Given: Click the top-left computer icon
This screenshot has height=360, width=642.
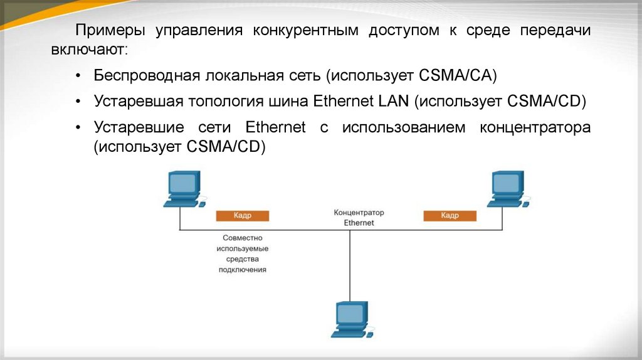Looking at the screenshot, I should (183, 188).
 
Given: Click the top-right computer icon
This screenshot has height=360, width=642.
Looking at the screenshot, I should (508, 188).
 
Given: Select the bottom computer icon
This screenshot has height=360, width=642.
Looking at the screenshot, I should (351, 319).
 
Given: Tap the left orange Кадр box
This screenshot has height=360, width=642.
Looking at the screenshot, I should (243, 216).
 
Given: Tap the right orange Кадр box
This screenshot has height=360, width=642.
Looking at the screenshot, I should (450, 216).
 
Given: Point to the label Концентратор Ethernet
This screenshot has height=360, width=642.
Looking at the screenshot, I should (359, 218).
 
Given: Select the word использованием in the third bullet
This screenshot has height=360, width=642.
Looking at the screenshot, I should (404, 128).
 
